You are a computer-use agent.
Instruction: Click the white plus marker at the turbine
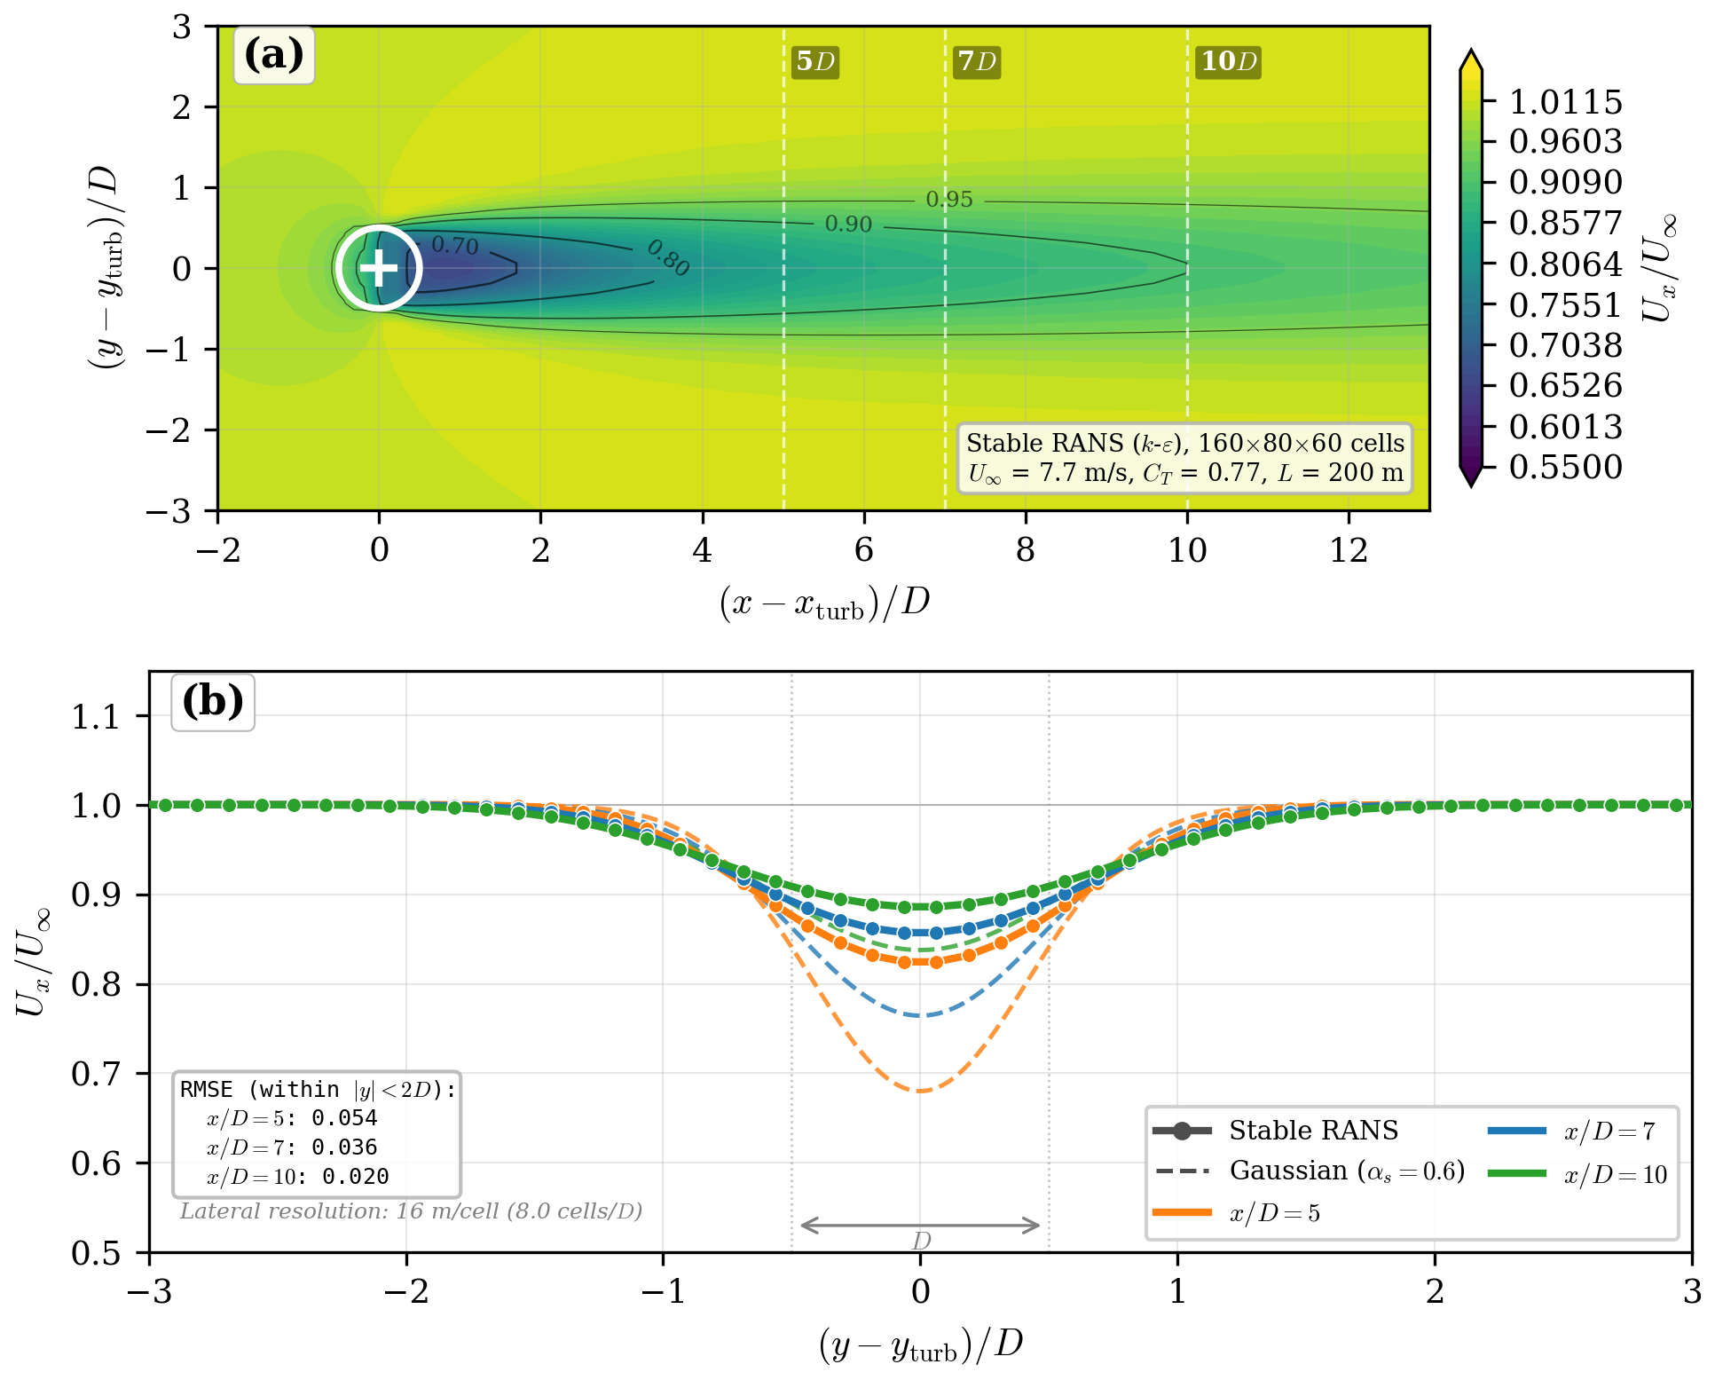pyautogui.click(x=379, y=268)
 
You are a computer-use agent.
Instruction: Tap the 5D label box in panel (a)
pyautogui.click(x=814, y=61)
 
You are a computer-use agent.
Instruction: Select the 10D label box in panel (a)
pyautogui.click(x=1228, y=61)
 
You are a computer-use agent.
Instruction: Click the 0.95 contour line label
pyautogui.click(x=948, y=200)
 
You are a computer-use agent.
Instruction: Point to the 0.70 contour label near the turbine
pyautogui.click(x=454, y=246)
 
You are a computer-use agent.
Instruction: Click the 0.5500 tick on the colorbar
pyautogui.click(x=1565, y=467)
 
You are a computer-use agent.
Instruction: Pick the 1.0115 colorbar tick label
pyautogui.click(x=1565, y=102)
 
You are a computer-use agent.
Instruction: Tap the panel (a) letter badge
pyautogui.click(x=273, y=55)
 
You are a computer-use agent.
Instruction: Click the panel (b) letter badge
pyautogui.click(x=213, y=702)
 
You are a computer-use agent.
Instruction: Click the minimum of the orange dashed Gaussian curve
pyautogui.click(x=921, y=1091)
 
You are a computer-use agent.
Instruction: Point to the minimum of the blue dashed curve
pyautogui.click(x=921, y=1015)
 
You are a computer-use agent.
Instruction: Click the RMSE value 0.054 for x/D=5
pyautogui.click(x=344, y=1118)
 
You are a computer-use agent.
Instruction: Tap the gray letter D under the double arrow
pyautogui.click(x=921, y=1241)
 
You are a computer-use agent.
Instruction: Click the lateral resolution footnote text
pyautogui.click(x=411, y=1211)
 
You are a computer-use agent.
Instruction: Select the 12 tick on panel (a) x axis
pyautogui.click(x=1348, y=551)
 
